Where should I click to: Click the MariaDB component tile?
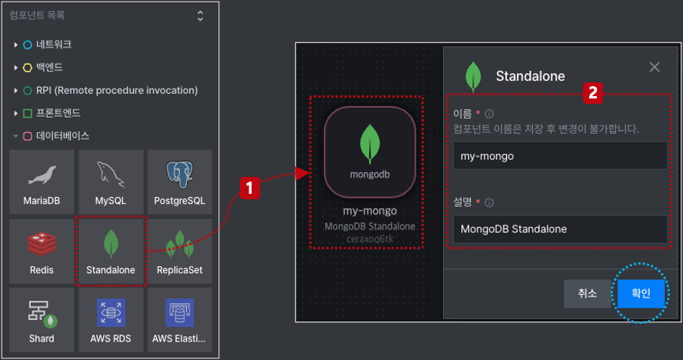pos(42,182)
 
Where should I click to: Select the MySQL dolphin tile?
pos(111,182)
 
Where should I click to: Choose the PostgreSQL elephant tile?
pos(179,182)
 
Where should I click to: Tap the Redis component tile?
pos(42,251)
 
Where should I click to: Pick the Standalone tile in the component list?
pos(111,251)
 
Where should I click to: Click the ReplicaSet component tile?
pos(179,251)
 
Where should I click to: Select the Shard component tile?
pos(42,320)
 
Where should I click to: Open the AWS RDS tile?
pos(111,320)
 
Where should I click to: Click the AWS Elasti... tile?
pos(179,320)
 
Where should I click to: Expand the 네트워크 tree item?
pos(15,45)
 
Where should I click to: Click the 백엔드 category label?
pos(49,67)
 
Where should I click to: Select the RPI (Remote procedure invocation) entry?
pos(117,90)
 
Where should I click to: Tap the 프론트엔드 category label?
pos(58,113)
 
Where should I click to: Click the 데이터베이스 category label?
pos(63,136)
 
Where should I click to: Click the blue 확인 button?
pos(641,293)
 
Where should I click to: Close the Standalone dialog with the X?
pos(655,67)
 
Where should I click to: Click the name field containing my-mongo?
pos(560,155)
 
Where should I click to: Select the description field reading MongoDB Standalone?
pos(560,228)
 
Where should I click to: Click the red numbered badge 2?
pos(593,93)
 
